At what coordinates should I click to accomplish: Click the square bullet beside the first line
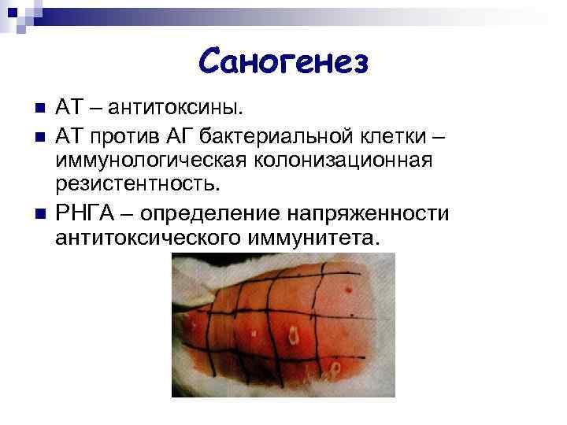pyautogui.click(x=31, y=107)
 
